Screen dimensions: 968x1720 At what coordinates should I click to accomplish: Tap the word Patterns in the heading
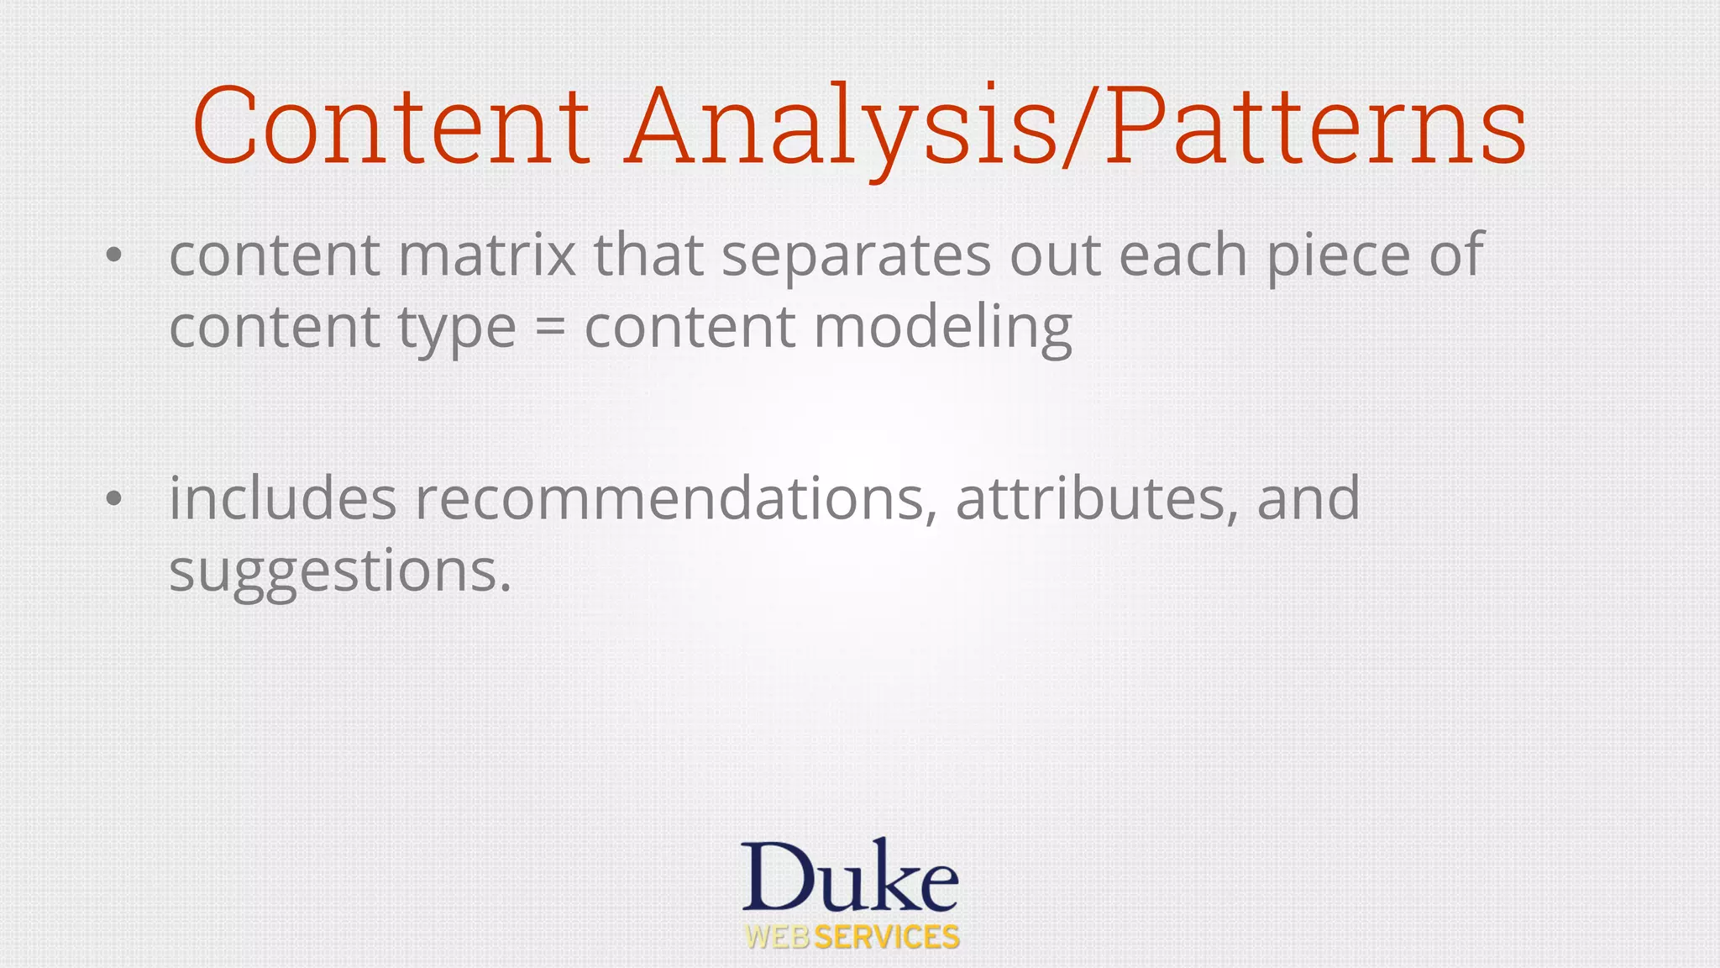tap(1315, 126)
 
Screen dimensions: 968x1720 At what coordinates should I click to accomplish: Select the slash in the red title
tap(1080, 126)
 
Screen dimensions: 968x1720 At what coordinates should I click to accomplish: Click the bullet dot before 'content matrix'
tap(114, 255)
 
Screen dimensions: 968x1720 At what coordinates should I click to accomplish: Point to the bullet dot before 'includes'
tap(114, 499)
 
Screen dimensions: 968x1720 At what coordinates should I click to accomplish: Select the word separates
tap(856, 256)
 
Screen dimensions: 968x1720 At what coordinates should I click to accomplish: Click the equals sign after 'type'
tap(550, 328)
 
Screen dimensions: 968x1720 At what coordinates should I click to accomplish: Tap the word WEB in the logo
tap(778, 937)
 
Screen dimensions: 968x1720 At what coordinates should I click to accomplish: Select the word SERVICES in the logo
tap(887, 937)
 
